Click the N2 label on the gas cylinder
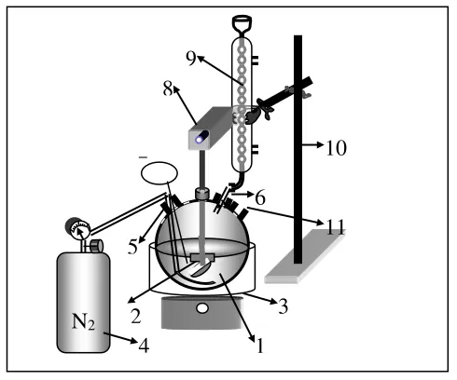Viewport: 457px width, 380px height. coord(83,321)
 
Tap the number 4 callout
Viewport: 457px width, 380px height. coord(144,346)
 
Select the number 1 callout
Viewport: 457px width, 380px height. coord(260,346)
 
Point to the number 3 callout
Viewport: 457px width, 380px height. coord(283,306)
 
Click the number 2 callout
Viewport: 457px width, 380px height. coord(136,317)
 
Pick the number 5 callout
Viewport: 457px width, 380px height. coord(132,247)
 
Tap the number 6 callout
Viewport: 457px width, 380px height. coord(260,197)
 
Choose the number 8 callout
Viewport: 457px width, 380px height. coord(168,88)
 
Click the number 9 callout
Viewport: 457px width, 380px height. coord(191,58)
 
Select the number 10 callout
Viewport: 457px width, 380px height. coord(336,148)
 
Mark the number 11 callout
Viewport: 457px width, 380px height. coord(335,227)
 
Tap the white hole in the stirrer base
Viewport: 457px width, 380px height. coord(202,308)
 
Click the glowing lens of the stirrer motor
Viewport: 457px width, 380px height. coord(199,140)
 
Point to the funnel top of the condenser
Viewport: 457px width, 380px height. coord(242,23)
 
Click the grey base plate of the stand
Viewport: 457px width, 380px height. coord(305,256)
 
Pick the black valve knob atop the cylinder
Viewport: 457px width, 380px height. coord(97,246)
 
